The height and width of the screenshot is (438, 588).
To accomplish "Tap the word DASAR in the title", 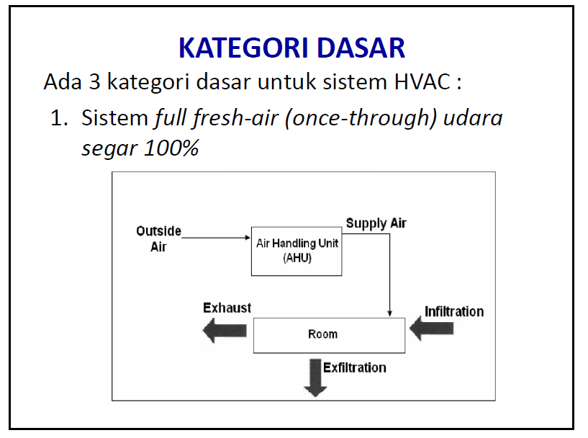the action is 361,48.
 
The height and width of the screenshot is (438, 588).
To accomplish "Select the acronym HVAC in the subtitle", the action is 422,81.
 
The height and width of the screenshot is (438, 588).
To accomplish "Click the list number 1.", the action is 59,118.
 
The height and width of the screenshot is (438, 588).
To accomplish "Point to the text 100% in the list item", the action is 171,148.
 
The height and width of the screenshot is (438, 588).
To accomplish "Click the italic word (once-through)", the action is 361,118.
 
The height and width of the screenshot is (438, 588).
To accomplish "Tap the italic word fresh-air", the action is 235,117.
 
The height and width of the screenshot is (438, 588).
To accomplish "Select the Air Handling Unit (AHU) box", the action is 297,251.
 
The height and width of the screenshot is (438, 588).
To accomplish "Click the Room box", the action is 329,335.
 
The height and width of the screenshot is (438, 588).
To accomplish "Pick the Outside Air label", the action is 158,238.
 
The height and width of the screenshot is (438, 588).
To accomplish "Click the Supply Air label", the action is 376,224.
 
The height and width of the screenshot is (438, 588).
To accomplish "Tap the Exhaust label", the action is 227,308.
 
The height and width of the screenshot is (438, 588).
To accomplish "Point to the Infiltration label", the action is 454,311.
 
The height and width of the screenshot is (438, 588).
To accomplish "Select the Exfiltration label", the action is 355,368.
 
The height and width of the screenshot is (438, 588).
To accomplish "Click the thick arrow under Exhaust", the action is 225,331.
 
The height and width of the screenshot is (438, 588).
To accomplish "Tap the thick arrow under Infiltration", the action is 432,328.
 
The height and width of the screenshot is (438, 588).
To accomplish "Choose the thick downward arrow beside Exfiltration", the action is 315,378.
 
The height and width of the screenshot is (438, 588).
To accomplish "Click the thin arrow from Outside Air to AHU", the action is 216,238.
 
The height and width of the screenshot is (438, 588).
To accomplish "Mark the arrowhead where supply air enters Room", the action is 389,313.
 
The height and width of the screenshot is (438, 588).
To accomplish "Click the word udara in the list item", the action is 473,118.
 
